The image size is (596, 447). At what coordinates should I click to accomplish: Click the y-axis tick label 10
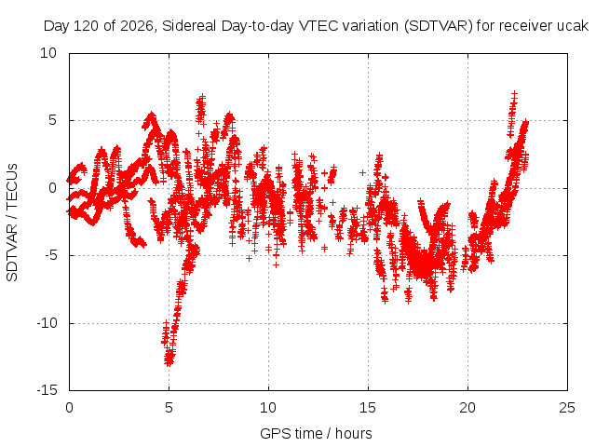point(48,53)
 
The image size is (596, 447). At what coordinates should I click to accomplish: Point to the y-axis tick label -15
point(47,390)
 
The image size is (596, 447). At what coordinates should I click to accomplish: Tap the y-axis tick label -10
point(47,323)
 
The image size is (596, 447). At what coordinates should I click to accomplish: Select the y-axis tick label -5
point(51,255)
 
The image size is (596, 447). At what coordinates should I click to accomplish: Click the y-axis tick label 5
point(52,120)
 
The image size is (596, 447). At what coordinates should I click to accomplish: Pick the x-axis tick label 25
point(567,408)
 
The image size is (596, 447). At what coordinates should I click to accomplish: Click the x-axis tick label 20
point(467,408)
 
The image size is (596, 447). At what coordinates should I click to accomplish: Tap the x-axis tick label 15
point(368,408)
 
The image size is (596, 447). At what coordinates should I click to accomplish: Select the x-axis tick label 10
point(268,408)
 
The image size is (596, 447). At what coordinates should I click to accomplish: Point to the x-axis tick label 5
point(169,408)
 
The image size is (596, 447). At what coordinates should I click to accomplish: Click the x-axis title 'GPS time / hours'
point(317,433)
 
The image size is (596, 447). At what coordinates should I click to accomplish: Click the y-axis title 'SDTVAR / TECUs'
point(12,223)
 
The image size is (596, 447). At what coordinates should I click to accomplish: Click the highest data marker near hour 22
point(515,94)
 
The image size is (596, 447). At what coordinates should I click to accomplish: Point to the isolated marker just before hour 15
point(362,173)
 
